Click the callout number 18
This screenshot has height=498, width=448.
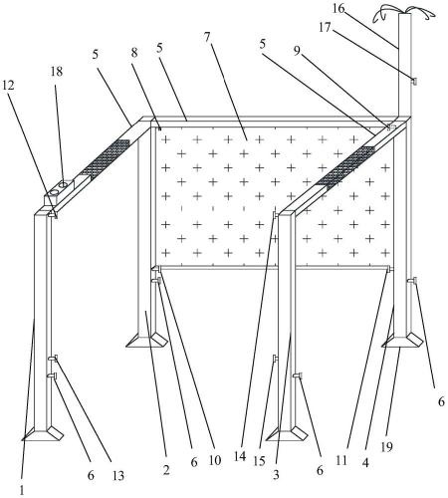pyautogui.click(x=57, y=71)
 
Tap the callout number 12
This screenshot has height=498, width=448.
pyautogui.click(x=8, y=86)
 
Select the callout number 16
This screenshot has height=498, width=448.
pyautogui.click(x=338, y=9)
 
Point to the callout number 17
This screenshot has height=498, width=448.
pyautogui.click(x=325, y=28)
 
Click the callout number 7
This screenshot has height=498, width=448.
pyautogui.click(x=207, y=37)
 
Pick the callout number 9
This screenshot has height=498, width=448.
pyautogui.click(x=297, y=51)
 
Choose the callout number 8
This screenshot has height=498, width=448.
pyautogui.click(x=134, y=53)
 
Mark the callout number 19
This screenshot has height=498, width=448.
pyautogui.click(x=386, y=447)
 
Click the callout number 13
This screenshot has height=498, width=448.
pyautogui.click(x=118, y=476)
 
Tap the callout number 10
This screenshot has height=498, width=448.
pyautogui.click(x=215, y=460)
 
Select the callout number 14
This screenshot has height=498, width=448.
pyautogui.click(x=240, y=457)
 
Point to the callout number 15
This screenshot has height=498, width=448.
pyautogui.click(x=259, y=461)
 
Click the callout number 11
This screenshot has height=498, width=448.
pyautogui.click(x=341, y=460)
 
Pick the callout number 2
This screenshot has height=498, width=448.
pyautogui.click(x=166, y=469)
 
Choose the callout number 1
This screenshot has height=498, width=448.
pyautogui.click(x=22, y=490)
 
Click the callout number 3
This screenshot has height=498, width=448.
pyautogui.click(x=276, y=475)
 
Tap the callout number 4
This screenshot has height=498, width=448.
pyautogui.click(x=365, y=463)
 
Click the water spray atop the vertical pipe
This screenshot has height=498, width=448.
pyautogui.click(x=404, y=13)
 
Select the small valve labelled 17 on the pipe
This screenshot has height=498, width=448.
pyautogui.click(x=414, y=81)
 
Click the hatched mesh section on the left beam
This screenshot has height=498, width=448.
pyautogui.click(x=106, y=157)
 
